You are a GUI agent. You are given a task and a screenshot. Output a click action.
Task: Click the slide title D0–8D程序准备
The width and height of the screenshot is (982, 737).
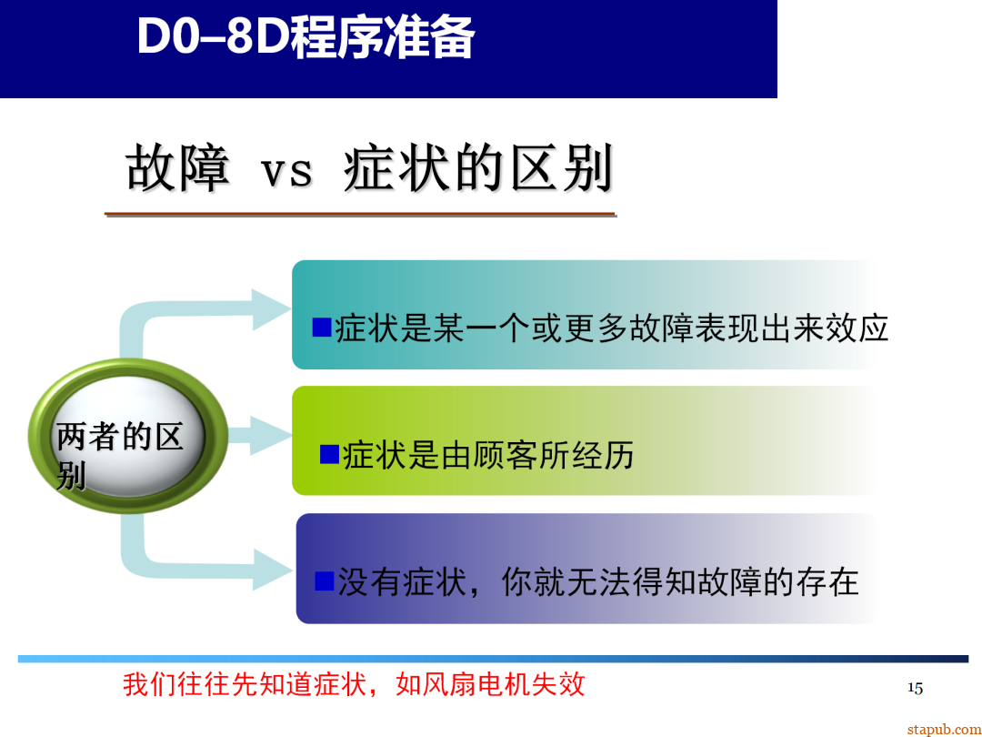point(306,38)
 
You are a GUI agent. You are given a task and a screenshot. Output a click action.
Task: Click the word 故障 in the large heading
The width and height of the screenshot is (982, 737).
point(177,168)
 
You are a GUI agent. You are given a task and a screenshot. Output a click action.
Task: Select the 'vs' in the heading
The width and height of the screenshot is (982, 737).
point(286,171)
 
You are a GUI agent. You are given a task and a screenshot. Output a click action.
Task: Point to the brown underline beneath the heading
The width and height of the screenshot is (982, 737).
point(360,215)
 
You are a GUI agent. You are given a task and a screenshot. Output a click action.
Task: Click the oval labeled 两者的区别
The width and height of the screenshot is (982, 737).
point(127,437)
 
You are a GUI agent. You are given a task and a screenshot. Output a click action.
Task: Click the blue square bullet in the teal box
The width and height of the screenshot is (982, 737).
point(322,327)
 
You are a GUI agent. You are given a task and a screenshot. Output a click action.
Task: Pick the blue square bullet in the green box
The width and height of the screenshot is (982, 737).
point(329,454)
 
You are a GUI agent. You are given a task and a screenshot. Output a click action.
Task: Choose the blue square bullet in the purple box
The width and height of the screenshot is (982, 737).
point(325,581)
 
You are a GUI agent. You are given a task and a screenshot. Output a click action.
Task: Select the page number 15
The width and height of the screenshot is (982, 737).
point(915,688)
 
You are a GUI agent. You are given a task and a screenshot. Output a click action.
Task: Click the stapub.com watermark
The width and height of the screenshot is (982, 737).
point(938,729)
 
